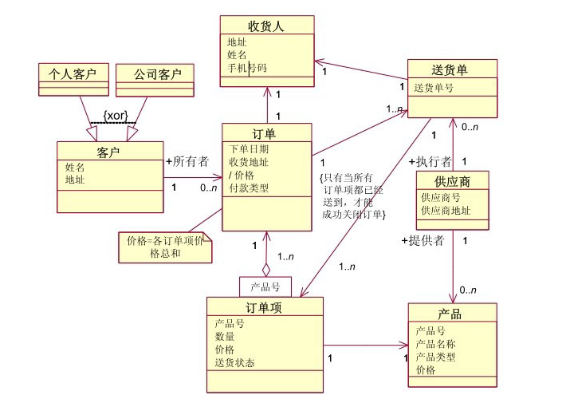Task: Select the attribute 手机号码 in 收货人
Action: [246, 69]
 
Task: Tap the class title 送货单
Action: [452, 69]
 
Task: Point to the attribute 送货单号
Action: [434, 88]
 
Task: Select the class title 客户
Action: [108, 151]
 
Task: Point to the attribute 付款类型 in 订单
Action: [249, 189]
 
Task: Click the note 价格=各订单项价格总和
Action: [166, 246]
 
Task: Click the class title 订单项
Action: [265, 307]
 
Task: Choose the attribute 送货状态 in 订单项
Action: [235, 363]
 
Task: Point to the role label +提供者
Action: [423, 240]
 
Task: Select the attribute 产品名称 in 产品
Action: [436, 344]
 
